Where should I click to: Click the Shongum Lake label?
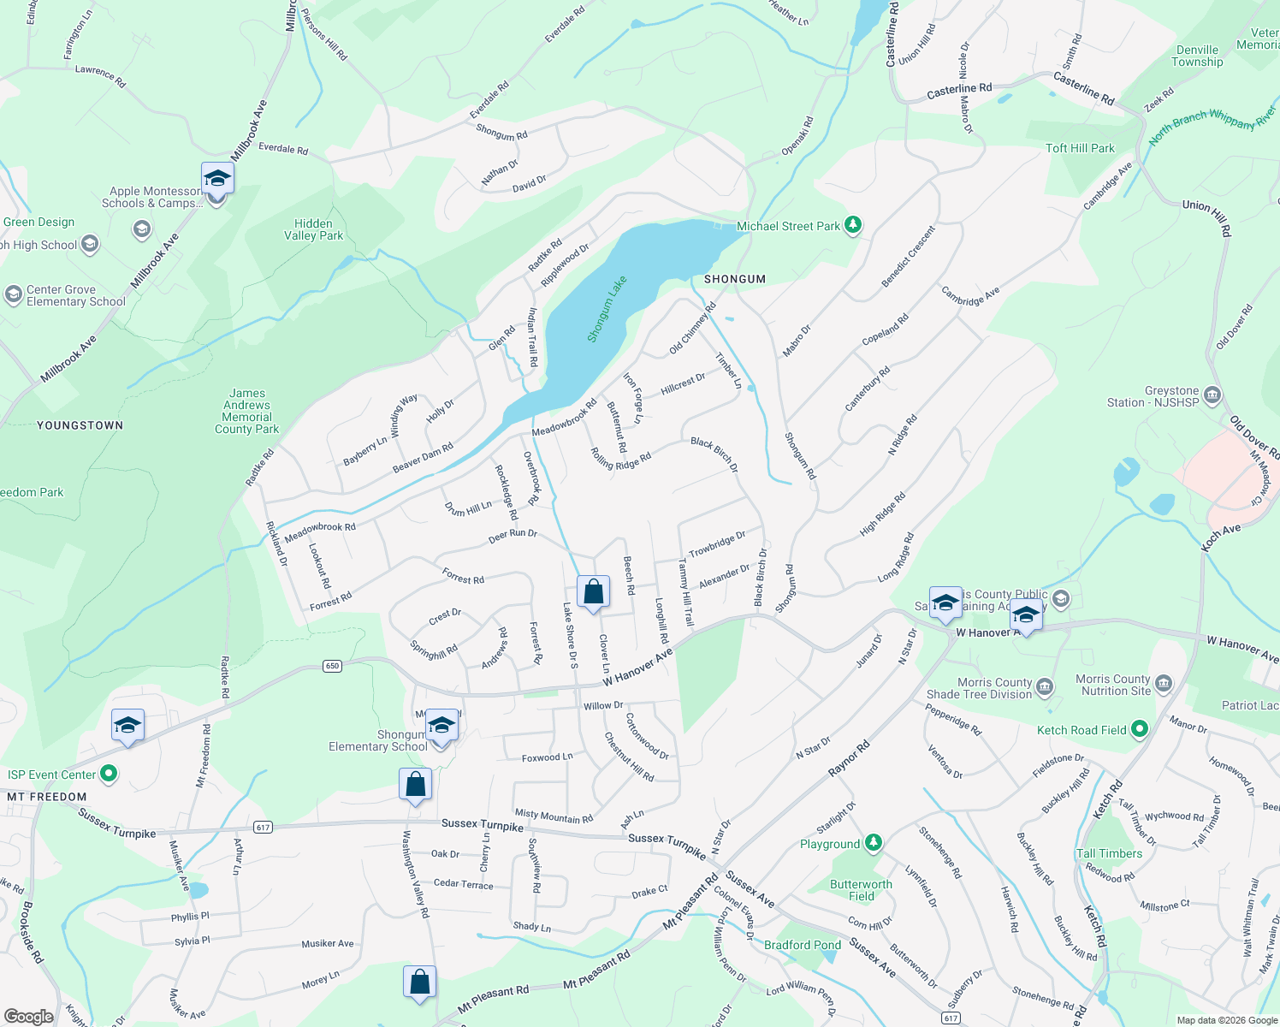[x=607, y=309]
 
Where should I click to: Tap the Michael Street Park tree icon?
[x=852, y=225]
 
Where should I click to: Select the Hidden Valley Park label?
[x=313, y=229]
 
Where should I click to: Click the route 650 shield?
[x=333, y=666]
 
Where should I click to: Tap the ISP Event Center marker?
[x=109, y=775]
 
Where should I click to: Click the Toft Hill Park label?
[x=1080, y=148]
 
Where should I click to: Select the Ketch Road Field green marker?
[x=1139, y=729]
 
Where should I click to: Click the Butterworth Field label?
[x=861, y=890]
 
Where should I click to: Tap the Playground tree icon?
[x=873, y=843]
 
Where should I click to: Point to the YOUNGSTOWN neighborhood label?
[x=80, y=425]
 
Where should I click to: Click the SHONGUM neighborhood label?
[x=734, y=279]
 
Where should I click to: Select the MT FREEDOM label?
[x=47, y=797]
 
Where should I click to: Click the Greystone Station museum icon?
[x=1212, y=395]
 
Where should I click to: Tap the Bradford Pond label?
[x=802, y=945]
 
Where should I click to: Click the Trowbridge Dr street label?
[x=717, y=544]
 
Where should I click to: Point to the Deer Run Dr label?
[x=513, y=535]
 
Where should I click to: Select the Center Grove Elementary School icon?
[x=13, y=294]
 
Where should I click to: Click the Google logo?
[x=28, y=1016]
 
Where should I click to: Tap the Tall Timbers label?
[x=1109, y=853]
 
